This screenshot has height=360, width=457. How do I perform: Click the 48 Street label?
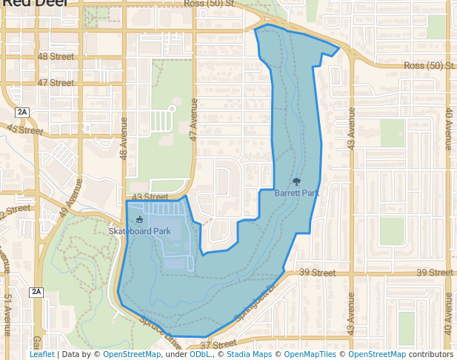56,56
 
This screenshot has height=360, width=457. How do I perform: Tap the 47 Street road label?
56,83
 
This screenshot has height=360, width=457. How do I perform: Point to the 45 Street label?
25,129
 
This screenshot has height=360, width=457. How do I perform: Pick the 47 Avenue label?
194,119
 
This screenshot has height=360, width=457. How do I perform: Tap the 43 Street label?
150,197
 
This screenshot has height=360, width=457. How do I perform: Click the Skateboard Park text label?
140,231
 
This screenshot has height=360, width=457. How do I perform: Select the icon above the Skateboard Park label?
139,219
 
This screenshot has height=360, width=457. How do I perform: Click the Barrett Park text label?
296,193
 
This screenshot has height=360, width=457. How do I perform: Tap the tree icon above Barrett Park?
297,181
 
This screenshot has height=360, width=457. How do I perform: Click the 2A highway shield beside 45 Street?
22,112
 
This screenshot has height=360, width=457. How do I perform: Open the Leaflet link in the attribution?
41,355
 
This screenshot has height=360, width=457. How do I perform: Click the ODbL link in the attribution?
199,355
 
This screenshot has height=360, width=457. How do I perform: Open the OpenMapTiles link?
311,355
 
